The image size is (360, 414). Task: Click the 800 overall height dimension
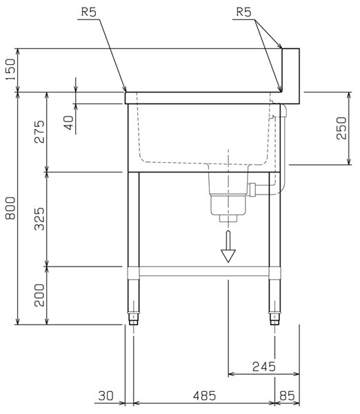11,208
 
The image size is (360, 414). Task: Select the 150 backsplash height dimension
11,70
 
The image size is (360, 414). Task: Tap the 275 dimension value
39,132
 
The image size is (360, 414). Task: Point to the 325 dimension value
39,219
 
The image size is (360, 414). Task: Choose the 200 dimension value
39,295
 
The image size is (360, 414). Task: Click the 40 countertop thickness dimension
69,123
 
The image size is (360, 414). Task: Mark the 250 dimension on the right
341,128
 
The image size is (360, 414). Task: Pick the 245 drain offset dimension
264,366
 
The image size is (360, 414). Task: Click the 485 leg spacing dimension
204,396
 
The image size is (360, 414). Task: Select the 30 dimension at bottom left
106,396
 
